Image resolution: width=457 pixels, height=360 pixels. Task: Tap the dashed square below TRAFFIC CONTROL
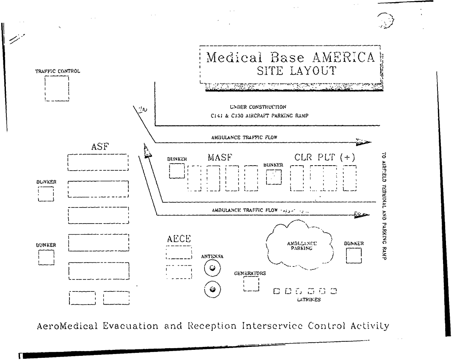coord(57,88)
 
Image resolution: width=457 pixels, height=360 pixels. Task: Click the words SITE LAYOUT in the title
coord(296,71)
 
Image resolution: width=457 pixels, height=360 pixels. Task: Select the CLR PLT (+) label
coord(324,158)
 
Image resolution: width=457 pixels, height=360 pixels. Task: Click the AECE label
coord(179,239)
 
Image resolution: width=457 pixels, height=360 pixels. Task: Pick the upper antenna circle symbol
coord(212,268)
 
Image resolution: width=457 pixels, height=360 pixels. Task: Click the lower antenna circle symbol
coord(212,289)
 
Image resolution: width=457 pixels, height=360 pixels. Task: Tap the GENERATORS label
coord(250,273)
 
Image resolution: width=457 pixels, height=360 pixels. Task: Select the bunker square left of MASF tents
coord(177,171)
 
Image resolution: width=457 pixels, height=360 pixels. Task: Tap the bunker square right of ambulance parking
coord(354,255)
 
